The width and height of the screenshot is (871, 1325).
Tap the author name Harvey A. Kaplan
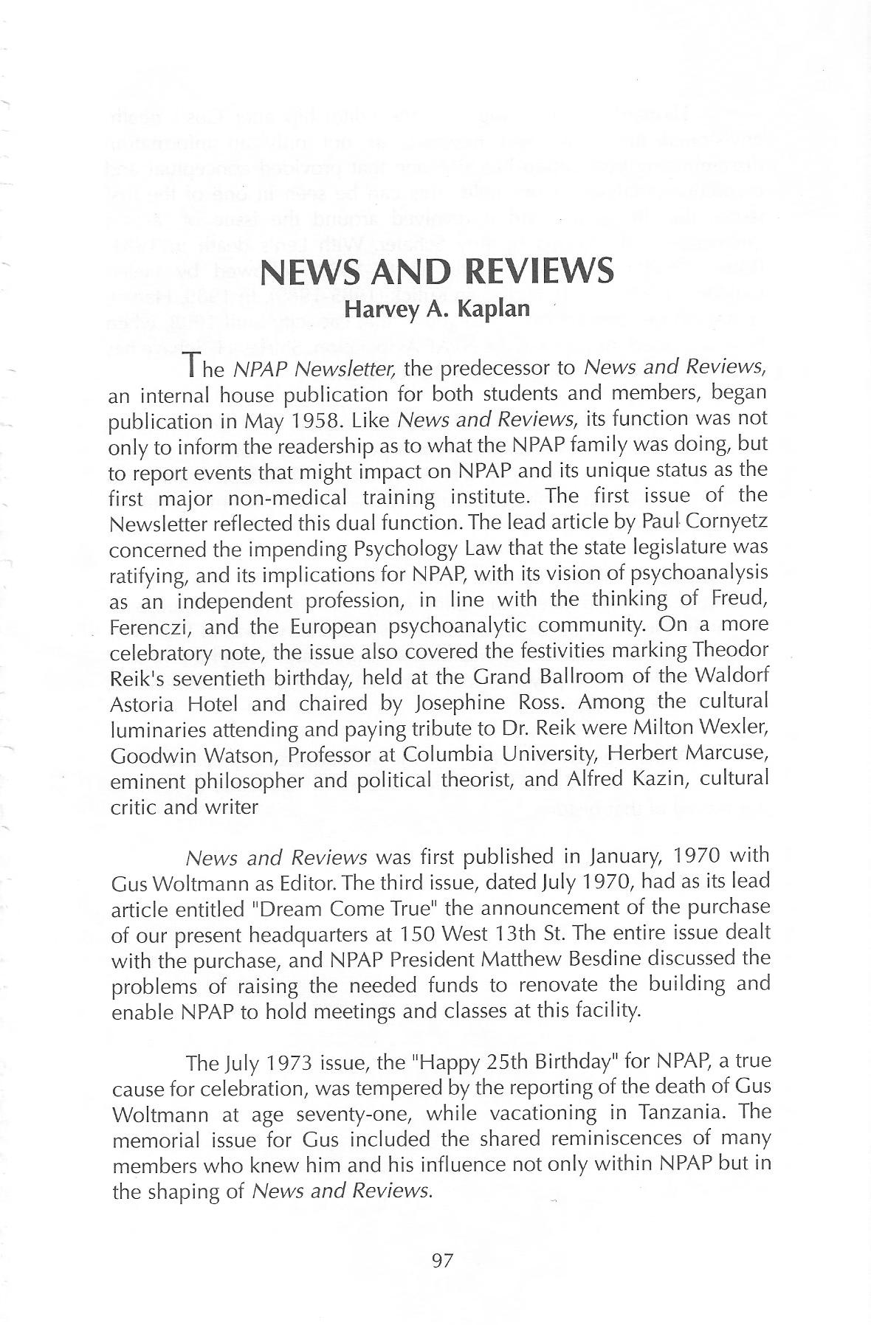click(x=438, y=308)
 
